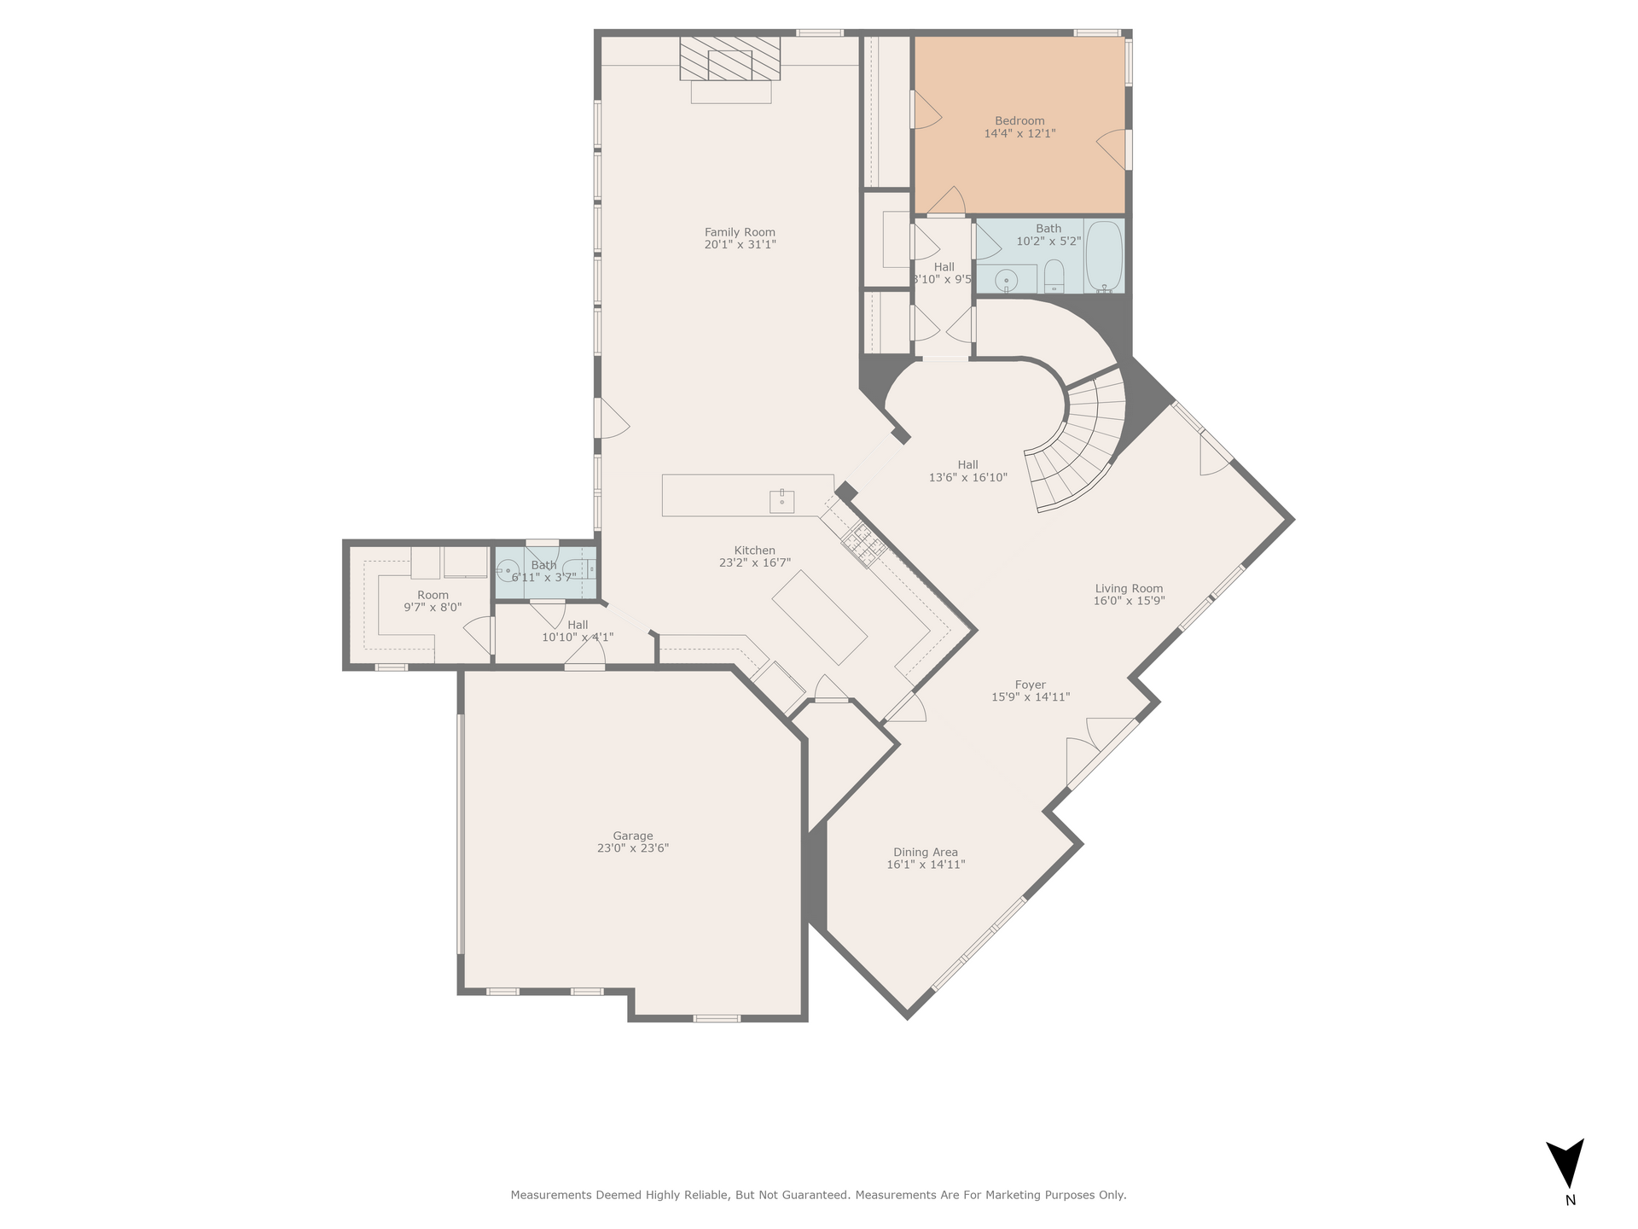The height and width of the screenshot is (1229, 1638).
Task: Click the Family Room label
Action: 740,232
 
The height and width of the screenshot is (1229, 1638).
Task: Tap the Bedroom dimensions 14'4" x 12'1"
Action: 1019,133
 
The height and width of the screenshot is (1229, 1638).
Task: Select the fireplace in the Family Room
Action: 730,59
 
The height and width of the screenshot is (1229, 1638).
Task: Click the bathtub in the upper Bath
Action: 1104,256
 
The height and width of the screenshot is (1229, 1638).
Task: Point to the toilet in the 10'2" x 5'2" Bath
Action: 1054,275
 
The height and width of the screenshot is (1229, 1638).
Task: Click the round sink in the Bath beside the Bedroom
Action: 1007,278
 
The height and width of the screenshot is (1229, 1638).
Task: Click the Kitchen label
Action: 755,550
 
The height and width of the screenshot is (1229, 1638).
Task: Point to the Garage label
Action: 633,836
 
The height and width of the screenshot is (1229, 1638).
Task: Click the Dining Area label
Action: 926,852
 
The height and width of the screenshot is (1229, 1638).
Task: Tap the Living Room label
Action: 1130,588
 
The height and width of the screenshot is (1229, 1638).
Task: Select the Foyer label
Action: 1031,684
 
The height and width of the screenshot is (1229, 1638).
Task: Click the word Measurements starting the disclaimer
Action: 549,1195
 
